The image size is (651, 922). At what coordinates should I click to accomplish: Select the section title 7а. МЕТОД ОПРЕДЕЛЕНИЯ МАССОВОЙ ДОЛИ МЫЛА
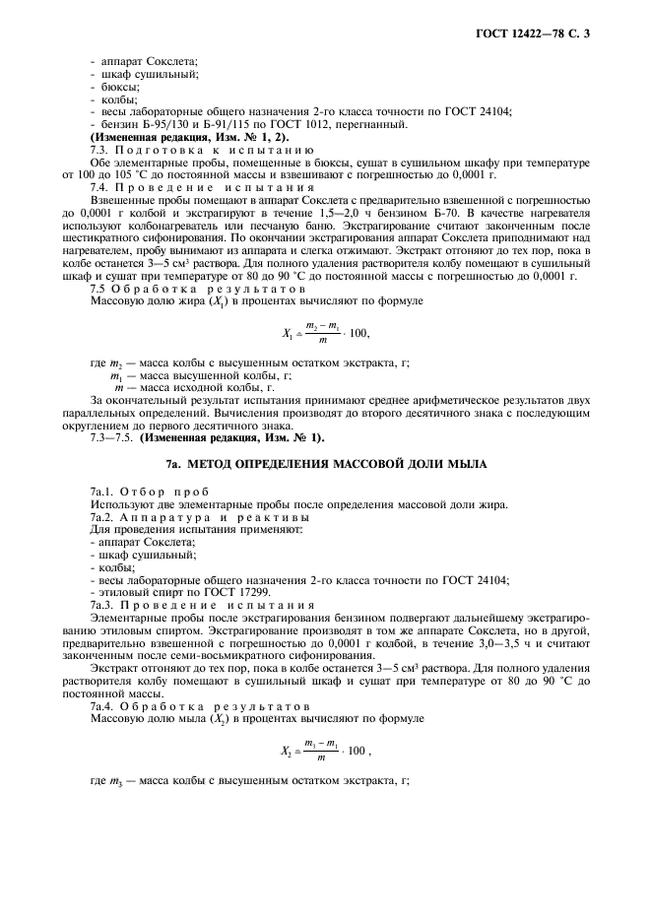pyautogui.click(x=325, y=462)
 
